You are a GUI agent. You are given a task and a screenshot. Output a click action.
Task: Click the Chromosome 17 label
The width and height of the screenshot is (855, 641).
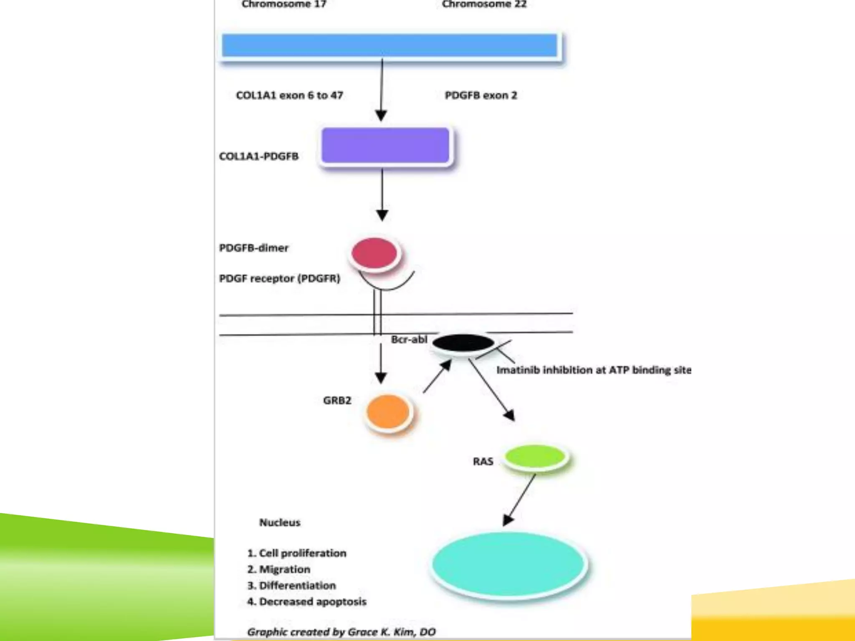click(284, 5)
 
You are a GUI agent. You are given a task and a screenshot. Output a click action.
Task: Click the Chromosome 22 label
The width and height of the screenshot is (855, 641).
click(484, 5)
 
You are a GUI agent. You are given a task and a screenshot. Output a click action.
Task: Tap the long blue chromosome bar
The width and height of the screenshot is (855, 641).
click(389, 45)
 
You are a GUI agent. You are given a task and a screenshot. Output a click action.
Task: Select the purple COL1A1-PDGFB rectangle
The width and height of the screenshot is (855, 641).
click(385, 145)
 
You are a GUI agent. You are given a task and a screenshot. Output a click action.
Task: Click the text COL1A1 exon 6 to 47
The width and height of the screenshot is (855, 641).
click(289, 96)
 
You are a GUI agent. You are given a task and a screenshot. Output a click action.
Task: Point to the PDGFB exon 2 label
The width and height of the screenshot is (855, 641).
click(481, 96)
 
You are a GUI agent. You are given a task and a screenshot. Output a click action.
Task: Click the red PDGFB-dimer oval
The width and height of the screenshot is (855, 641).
click(374, 253)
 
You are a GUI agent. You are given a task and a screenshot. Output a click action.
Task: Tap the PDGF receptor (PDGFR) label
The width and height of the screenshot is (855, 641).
click(279, 278)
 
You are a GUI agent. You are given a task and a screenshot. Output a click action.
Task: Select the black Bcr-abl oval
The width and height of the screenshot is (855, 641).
click(463, 343)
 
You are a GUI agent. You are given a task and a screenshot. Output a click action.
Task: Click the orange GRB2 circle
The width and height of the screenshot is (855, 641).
click(388, 412)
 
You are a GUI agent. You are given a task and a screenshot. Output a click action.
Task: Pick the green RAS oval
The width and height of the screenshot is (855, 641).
click(535, 457)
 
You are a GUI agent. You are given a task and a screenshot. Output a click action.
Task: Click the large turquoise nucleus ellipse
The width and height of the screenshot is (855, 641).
click(508, 564)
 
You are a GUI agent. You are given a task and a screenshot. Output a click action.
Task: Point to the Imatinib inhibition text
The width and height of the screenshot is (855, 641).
click(593, 370)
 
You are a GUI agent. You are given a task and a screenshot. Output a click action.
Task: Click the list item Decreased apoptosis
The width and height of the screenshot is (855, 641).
click(307, 602)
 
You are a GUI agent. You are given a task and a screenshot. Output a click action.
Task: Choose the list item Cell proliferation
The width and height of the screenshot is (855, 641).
click(297, 553)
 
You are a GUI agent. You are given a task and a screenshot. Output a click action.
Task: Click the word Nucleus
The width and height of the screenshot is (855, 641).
click(280, 522)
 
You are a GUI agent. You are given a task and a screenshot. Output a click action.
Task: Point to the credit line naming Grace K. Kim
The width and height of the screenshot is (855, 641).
click(341, 632)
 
